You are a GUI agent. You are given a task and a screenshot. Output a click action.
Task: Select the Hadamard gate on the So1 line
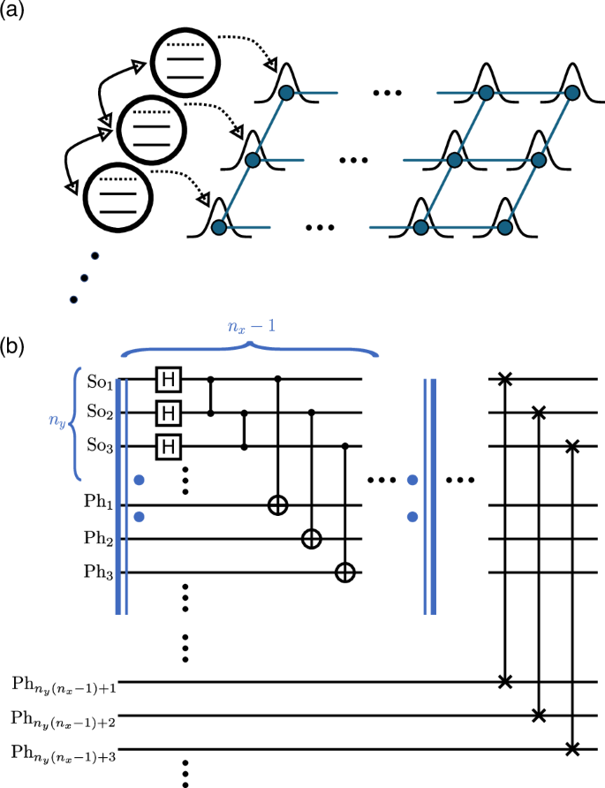[166, 380]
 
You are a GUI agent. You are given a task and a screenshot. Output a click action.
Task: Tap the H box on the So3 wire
[166, 447]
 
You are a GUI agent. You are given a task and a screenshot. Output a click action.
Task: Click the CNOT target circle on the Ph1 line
[279, 506]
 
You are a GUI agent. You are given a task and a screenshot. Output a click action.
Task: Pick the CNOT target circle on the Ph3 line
[345, 572]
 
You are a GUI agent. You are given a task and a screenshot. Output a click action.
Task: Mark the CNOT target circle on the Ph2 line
[312, 539]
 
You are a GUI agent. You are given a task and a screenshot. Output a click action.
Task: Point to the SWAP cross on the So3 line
[571, 447]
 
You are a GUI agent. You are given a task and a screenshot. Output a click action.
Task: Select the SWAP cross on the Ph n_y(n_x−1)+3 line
[571, 749]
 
